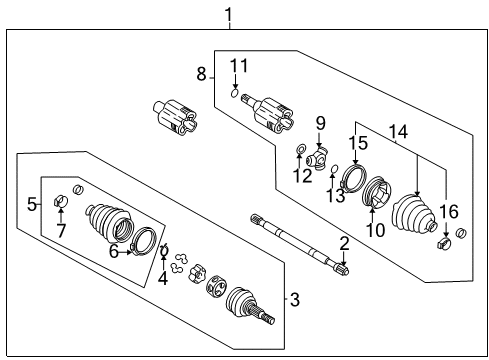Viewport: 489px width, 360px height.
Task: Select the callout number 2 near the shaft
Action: [344, 244]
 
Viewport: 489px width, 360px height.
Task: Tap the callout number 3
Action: [294, 298]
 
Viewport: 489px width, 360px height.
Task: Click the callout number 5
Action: [32, 204]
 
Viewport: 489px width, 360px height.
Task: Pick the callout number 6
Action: [113, 253]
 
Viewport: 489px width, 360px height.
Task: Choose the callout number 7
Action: [60, 232]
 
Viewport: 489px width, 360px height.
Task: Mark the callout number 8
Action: [201, 73]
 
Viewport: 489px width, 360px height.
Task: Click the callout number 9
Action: [321, 123]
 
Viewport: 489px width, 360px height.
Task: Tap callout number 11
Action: [237, 67]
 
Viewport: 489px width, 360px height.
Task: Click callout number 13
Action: [336, 195]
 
